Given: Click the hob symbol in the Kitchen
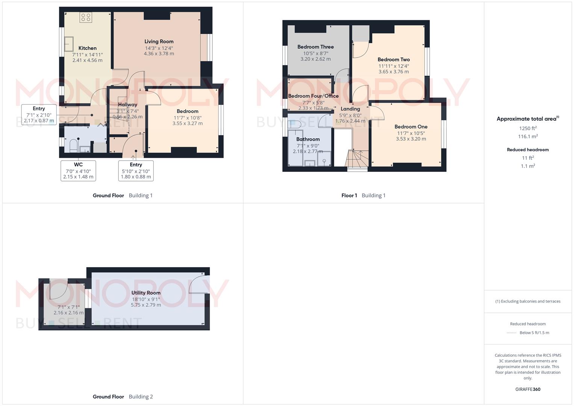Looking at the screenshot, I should point(85,17).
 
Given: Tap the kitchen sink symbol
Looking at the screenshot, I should point(69,44).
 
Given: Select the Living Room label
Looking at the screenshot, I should point(159,41).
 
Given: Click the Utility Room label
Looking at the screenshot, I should point(146,293).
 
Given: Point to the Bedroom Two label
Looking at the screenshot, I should point(394,59).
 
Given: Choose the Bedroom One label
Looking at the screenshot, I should point(411,127).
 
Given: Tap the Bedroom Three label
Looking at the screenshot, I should point(315,47).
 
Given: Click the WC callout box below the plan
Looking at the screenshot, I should point(78,171).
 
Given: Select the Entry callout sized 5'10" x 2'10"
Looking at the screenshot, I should point(136,171).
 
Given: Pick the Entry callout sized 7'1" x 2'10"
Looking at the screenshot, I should point(39,115).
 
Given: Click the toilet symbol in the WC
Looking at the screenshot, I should point(74,146).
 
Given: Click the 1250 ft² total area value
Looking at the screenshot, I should point(528,128).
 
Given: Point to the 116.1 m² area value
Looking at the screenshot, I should point(528,136).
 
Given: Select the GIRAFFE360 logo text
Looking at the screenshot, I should point(528,389).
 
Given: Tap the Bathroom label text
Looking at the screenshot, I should point(308,139).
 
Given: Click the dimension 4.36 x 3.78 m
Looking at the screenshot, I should point(159,54).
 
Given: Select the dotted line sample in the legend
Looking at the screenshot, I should point(512,333).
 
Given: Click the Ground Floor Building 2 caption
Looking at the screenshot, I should point(123,397).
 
